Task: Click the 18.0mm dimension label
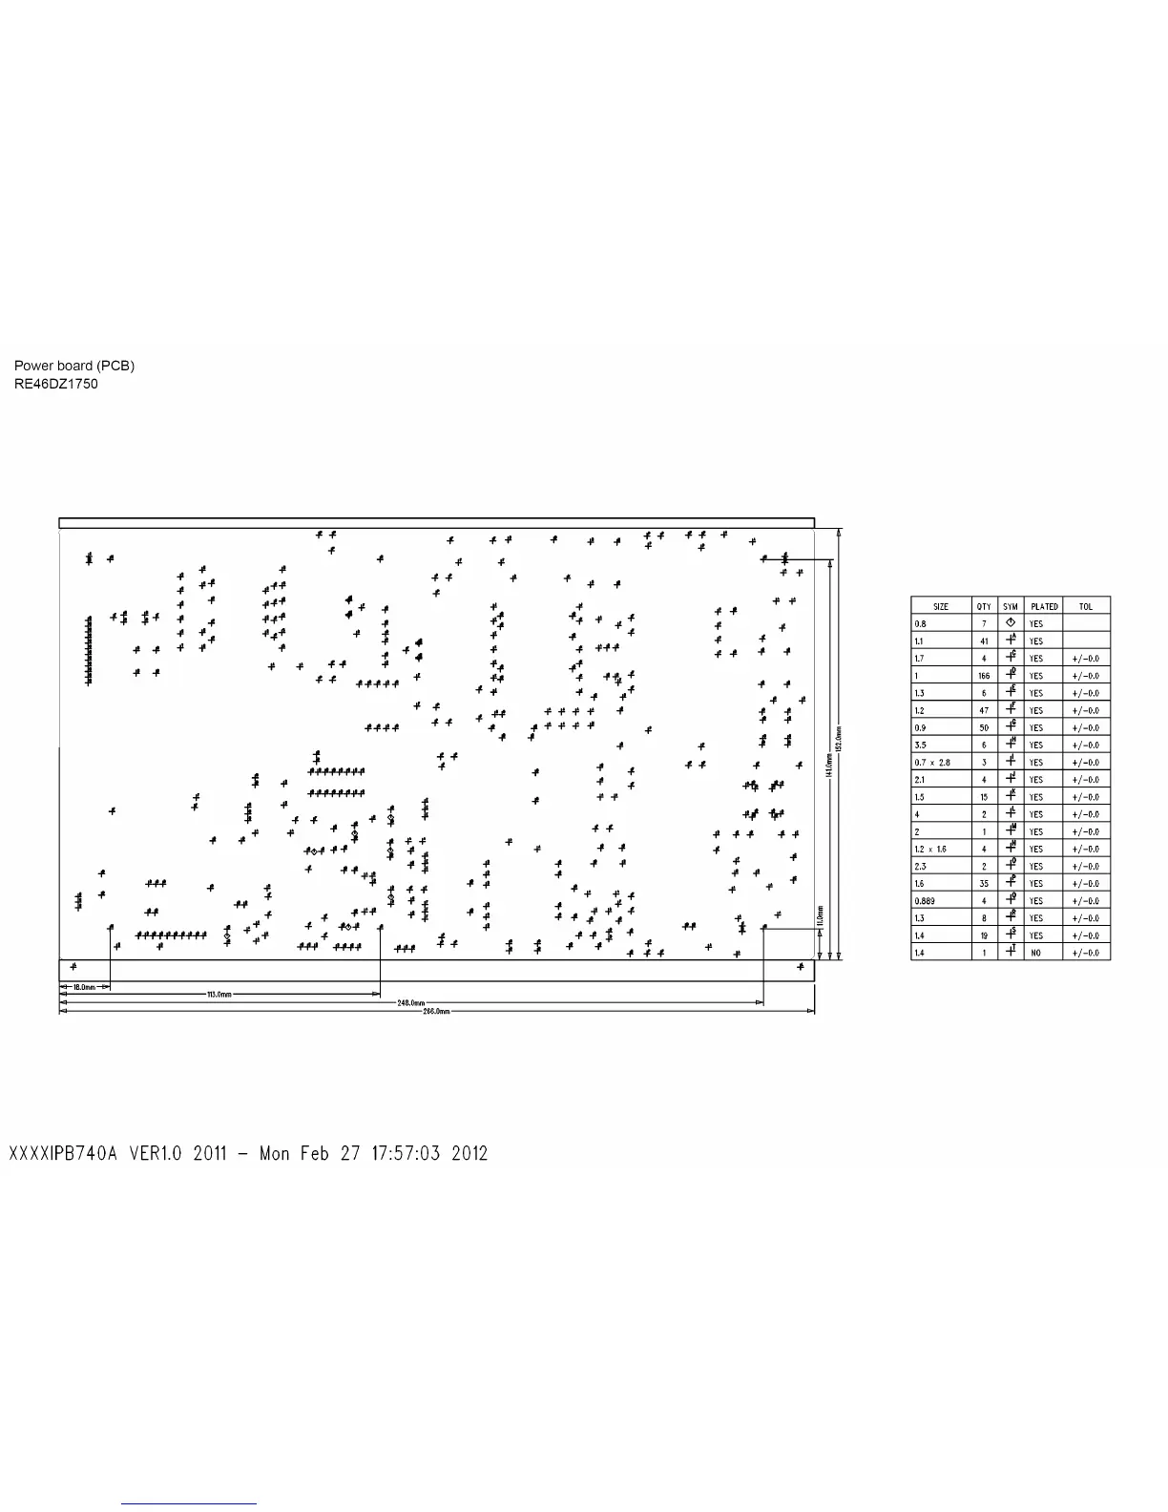(84, 987)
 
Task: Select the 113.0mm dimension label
(219, 995)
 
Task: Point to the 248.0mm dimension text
(410, 1003)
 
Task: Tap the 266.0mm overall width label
(436, 1011)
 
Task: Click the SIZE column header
(941, 606)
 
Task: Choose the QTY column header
(984, 606)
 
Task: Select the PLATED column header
(1044, 606)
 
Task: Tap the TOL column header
(1086, 606)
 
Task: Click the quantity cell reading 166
(984, 676)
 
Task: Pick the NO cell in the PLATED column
(1036, 953)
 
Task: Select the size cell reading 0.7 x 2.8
(932, 763)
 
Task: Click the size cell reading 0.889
(924, 901)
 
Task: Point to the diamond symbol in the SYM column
(1011, 622)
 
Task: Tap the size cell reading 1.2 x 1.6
(930, 849)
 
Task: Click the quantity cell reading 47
(984, 710)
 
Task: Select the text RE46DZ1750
(55, 384)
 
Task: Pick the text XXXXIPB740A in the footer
(63, 1153)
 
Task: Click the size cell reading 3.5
(920, 745)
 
